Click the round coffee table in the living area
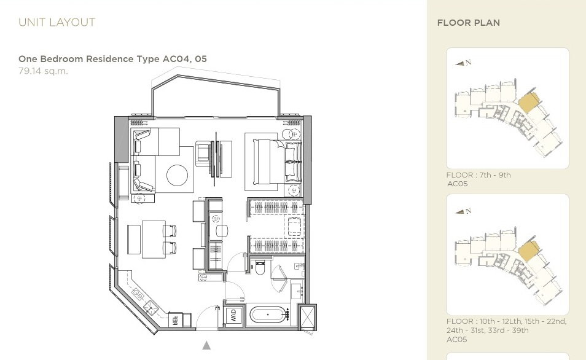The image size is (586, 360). click(x=177, y=175)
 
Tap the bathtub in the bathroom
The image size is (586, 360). click(x=268, y=315)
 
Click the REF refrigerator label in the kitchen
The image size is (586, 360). click(x=174, y=320)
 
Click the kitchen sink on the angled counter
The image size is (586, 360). click(x=152, y=307)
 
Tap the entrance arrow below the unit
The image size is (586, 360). click(x=206, y=345)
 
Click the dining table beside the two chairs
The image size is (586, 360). click(x=153, y=239)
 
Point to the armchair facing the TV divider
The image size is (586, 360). click(x=203, y=154)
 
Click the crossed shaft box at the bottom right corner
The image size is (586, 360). click(x=308, y=317)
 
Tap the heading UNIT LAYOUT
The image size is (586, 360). click(x=57, y=23)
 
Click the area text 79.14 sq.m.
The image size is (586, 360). click(x=44, y=71)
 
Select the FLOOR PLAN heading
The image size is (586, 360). click(x=468, y=23)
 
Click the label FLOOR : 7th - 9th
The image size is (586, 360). click(x=479, y=175)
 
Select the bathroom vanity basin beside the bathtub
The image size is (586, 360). click(x=297, y=291)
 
